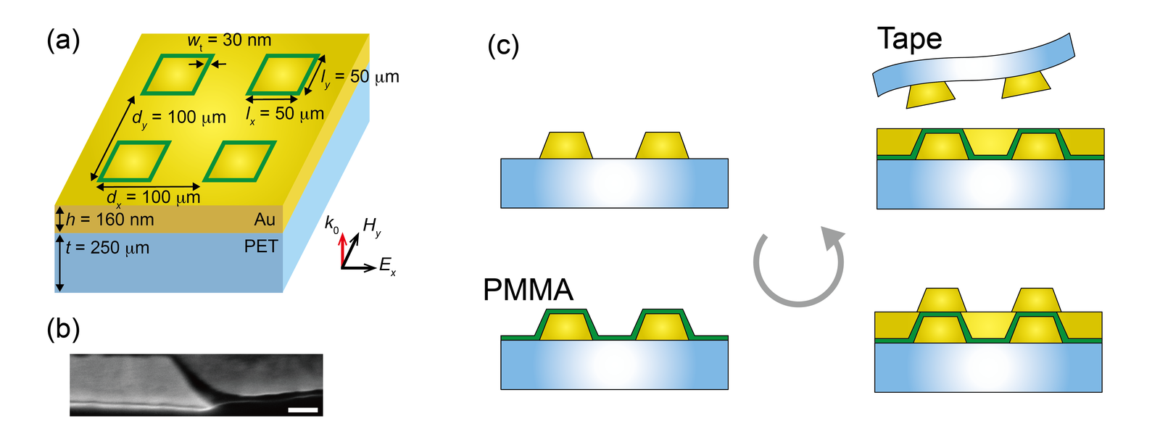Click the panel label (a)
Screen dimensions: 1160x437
pyautogui.click(x=63, y=41)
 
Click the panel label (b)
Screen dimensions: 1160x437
pyautogui.click(x=63, y=329)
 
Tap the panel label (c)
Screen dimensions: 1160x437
pyautogui.click(x=503, y=46)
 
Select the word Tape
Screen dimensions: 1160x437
pyautogui.click(x=909, y=39)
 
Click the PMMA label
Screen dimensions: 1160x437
pyautogui.click(x=529, y=289)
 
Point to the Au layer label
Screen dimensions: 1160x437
pyautogui.click(x=264, y=220)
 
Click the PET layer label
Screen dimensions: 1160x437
pyautogui.click(x=261, y=246)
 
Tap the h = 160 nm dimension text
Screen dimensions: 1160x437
pyautogui.click(x=109, y=220)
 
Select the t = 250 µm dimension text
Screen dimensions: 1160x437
pyautogui.click(x=107, y=248)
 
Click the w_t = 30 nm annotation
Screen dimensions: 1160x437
pyautogui.click(x=229, y=41)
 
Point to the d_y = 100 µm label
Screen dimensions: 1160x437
pyautogui.click(x=179, y=118)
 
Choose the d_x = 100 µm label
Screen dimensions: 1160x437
pyautogui.click(x=153, y=198)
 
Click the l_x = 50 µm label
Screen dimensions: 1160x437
pyautogui.click(x=285, y=115)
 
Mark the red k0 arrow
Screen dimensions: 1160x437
pyautogui.click(x=342, y=251)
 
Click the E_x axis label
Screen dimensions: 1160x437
pyautogui.click(x=387, y=266)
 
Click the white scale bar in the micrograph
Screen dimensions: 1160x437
pyautogui.click(x=303, y=410)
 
